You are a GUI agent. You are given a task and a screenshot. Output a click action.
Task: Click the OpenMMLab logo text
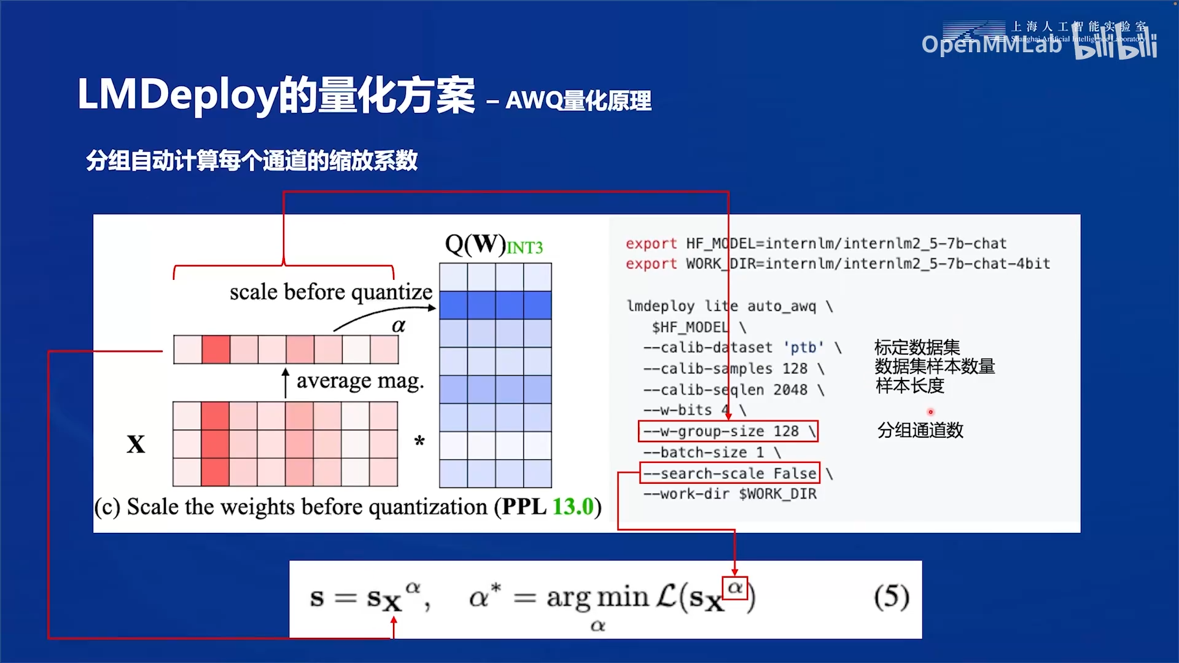[991, 44]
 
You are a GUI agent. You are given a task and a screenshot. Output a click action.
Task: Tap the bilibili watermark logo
[1116, 47]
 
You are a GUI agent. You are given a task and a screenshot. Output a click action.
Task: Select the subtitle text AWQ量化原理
[578, 101]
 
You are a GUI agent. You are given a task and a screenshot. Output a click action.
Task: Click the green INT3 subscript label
[524, 248]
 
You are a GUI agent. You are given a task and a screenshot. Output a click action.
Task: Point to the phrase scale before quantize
[331, 292]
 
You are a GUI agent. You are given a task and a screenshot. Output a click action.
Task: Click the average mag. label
[360, 381]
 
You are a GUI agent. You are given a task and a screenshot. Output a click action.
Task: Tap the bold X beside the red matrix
[136, 444]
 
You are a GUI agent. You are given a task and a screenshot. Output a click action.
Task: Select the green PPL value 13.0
[573, 506]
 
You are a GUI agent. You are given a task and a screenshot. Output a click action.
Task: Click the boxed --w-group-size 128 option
[728, 431]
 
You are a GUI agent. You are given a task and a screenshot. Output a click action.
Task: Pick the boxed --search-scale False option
[730, 473]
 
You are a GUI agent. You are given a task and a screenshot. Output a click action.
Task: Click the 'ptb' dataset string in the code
[803, 347]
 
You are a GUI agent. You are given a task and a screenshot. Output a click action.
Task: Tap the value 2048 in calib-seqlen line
[790, 390]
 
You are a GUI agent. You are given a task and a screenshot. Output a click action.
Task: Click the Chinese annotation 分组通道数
[920, 430]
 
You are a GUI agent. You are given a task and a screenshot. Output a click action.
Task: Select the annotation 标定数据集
[917, 347]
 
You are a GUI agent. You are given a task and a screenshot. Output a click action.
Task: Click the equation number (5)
[891, 597]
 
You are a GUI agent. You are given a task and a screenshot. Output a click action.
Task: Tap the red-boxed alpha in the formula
[735, 587]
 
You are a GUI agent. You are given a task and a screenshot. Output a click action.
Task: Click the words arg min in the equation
[597, 597]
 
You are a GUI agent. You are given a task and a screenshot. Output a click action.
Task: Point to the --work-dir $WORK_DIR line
[730, 494]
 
